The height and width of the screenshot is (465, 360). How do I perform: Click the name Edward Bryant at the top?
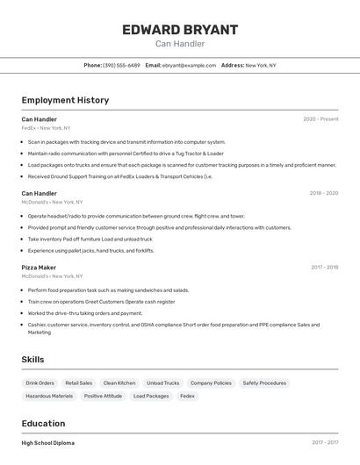(x=180, y=30)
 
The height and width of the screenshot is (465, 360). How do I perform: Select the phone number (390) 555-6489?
(x=121, y=65)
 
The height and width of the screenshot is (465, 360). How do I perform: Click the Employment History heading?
(x=65, y=100)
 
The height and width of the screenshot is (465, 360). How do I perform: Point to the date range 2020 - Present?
(x=320, y=119)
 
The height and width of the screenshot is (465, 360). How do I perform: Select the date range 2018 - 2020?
(x=323, y=193)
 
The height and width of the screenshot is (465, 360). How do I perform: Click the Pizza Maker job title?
(x=39, y=268)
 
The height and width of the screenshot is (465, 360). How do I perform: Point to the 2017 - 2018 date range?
(x=324, y=268)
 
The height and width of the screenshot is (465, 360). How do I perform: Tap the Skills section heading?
(x=32, y=360)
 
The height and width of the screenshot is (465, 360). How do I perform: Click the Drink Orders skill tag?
(x=40, y=383)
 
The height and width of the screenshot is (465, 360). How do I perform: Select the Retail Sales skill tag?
(x=79, y=383)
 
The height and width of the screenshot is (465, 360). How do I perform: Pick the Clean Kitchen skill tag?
(x=119, y=383)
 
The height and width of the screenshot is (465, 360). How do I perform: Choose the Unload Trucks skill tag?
(x=162, y=383)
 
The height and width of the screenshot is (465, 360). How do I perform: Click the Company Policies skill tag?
(x=211, y=383)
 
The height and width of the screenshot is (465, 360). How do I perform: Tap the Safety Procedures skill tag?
(x=264, y=383)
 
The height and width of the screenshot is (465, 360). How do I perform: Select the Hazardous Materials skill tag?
(x=49, y=397)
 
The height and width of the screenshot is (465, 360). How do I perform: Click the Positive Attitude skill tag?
(x=103, y=397)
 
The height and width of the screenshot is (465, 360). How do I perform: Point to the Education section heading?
(x=43, y=423)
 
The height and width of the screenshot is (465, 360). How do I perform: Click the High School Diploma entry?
(x=47, y=443)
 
